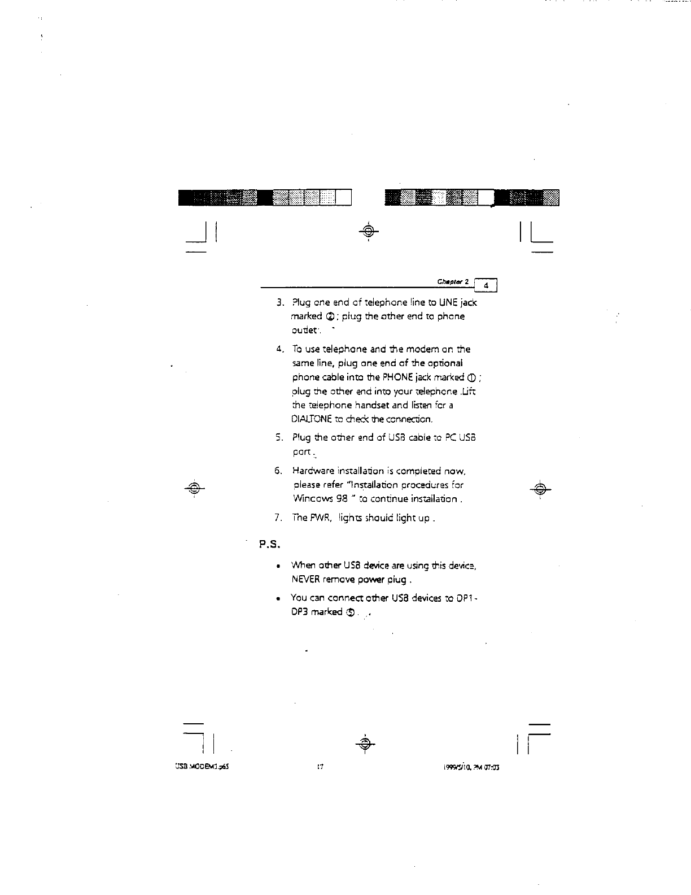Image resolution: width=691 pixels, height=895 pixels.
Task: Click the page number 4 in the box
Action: (x=486, y=286)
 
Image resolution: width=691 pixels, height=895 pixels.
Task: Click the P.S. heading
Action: (x=270, y=545)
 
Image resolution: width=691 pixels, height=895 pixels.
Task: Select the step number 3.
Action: (x=279, y=303)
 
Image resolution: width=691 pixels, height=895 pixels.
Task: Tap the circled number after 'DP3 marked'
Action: (x=351, y=612)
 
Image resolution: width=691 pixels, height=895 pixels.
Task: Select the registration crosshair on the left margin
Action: (x=194, y=488)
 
